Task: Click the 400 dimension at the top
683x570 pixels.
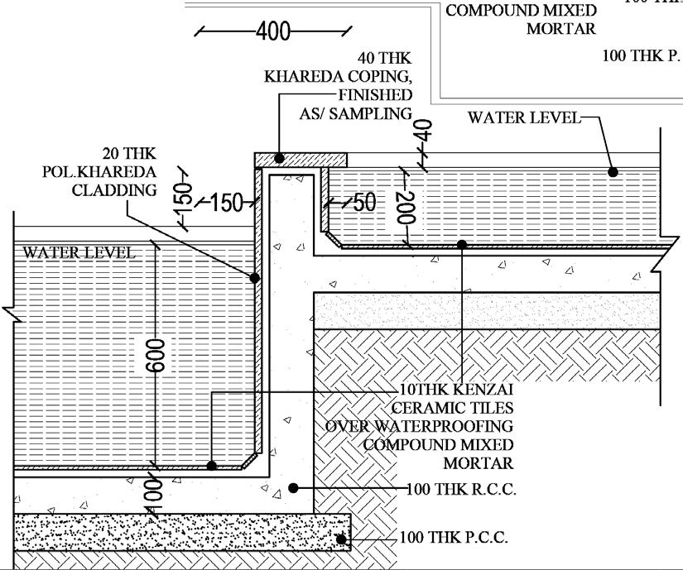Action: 273,32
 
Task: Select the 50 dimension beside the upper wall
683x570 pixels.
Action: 365,203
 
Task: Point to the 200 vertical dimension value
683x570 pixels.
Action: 406,208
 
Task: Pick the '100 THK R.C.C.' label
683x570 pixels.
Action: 461,489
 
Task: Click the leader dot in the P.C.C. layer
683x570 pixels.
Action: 340,539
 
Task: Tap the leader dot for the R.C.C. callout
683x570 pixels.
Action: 294,488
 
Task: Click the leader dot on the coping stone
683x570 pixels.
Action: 281,157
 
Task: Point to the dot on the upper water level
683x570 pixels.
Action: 613,172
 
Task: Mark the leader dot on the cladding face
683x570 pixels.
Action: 255,278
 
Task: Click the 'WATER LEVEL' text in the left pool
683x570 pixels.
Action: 79,252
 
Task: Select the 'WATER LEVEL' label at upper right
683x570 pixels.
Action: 525,117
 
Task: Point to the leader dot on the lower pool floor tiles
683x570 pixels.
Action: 212,466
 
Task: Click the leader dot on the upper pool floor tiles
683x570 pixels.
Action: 463,244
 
